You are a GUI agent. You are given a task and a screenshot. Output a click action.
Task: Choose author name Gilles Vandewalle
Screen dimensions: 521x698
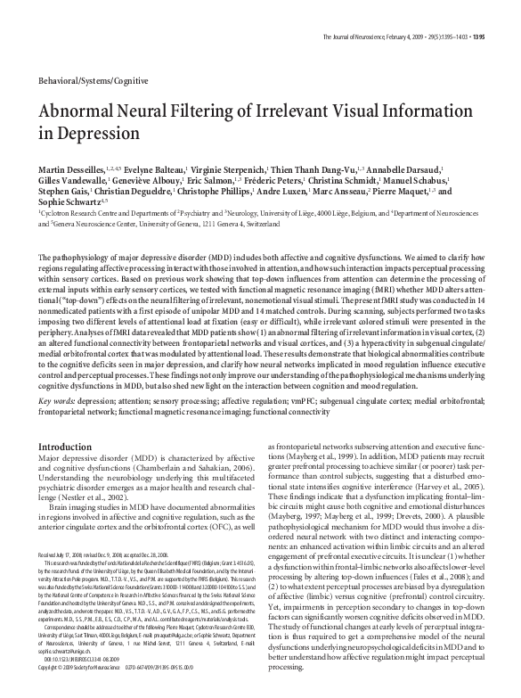(67, 180)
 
